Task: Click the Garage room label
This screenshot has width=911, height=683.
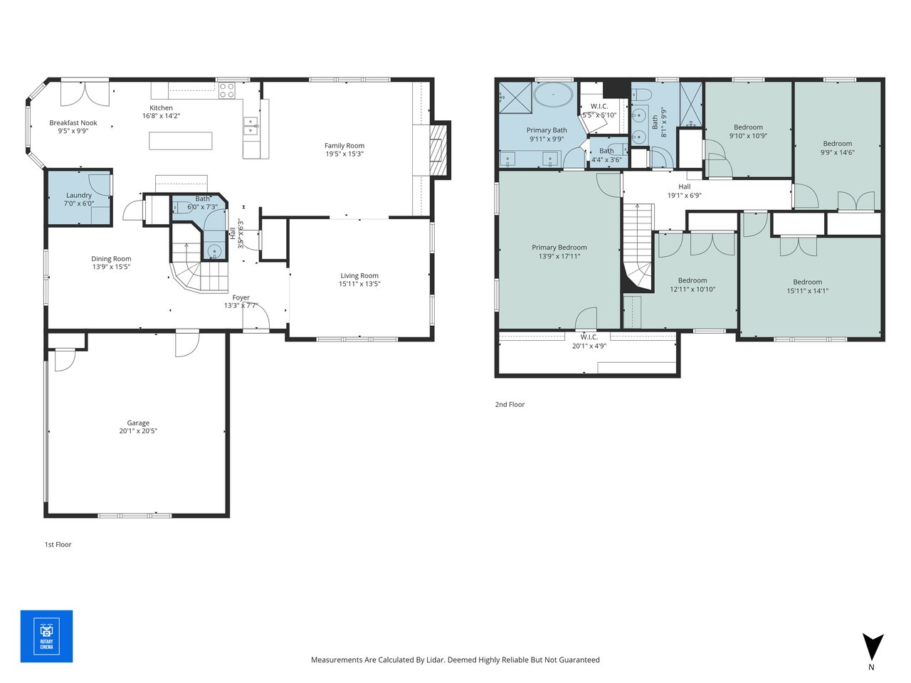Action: click(x=138, y=423)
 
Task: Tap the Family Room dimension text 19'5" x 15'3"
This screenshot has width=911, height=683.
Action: click(x=344, y=154)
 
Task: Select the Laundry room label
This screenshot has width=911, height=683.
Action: click(x=79, y=195)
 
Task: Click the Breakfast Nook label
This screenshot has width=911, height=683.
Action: click(x=73, y=123)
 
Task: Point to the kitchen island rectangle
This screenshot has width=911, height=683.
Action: click(x=181, y=141)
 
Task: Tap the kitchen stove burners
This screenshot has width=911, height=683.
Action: click(x=226, y=90)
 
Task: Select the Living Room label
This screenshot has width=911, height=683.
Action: click(x=359, y=276)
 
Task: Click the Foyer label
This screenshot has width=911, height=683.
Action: click(x=241, y=297)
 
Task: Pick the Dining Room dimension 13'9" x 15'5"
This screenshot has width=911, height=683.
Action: click(x=111, y=267)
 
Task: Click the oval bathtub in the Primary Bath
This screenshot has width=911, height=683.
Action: click(x=554, y=95)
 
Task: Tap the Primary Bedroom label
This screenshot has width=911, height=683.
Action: click(x=559, y=248)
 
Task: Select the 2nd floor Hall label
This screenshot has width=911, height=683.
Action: click(x=684, y=187)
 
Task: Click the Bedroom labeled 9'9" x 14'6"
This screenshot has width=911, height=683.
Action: click(x=838, y=144)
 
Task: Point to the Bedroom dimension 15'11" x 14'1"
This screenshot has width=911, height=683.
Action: click(x=807, y=290)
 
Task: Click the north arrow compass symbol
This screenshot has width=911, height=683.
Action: click(x=873, y=647)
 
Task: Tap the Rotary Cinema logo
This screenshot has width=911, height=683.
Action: click(x=46, y=636)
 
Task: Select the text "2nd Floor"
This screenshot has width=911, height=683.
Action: click(x=510, y=404)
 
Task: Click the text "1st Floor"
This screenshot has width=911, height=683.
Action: click(x=58, y=544)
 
